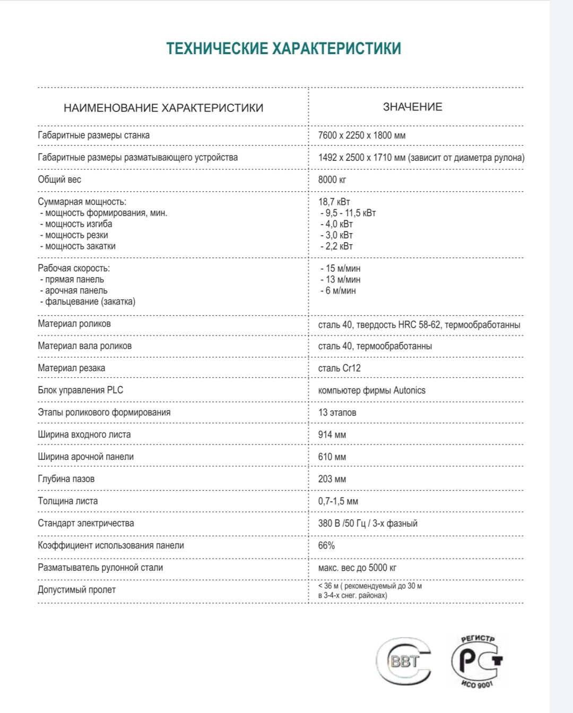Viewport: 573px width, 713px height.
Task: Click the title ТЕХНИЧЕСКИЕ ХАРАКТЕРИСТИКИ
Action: click(283, 48)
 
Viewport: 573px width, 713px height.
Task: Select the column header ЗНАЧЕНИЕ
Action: click(412, 107)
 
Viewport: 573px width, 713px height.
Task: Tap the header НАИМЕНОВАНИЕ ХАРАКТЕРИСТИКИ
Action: click(163, 108)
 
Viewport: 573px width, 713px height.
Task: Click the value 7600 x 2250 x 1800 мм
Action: click(362, 135)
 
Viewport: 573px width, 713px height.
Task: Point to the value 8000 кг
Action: click(332, 179)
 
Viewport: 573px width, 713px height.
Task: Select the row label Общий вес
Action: click(59, 179)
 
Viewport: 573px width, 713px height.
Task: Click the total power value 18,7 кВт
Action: click(334, 202)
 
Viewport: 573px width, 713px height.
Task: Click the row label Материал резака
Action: click(72, 368)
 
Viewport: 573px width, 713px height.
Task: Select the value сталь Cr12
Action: click(340, 368)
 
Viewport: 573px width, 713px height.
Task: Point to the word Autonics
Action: click(409, 390)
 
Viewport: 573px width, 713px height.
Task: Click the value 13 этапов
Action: click(337, 413)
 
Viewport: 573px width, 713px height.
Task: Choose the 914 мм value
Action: click(332, 435)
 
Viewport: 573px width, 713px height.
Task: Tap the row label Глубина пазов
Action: click(66, 479)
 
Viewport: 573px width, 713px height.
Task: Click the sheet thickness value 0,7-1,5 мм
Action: click(338, 501)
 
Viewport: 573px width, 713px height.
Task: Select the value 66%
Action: click(326, 545)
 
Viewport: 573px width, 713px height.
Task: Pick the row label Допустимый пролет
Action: click(76, 590)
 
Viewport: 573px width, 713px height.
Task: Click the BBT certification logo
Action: click(404, 661)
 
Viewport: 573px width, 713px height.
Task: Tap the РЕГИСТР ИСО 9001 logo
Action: click(476, 661)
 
